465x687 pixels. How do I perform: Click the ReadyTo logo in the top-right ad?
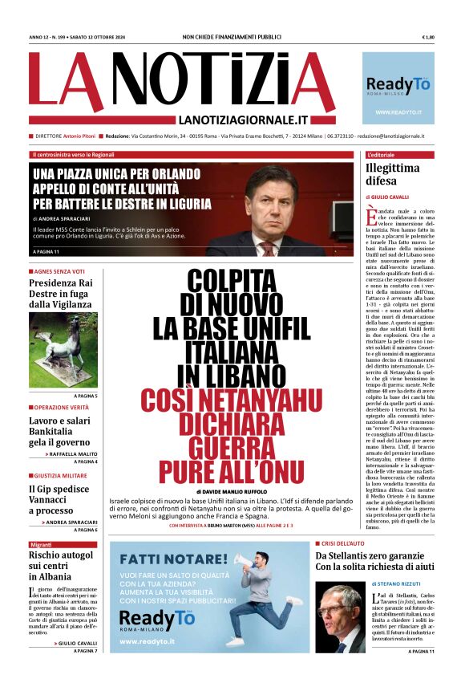point(398,83)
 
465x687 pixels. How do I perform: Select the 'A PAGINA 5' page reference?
point(86,396)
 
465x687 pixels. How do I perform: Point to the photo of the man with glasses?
point(339,618)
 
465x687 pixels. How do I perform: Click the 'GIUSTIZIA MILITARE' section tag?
point(62,475)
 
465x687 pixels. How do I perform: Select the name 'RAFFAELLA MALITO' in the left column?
point(74,453)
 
